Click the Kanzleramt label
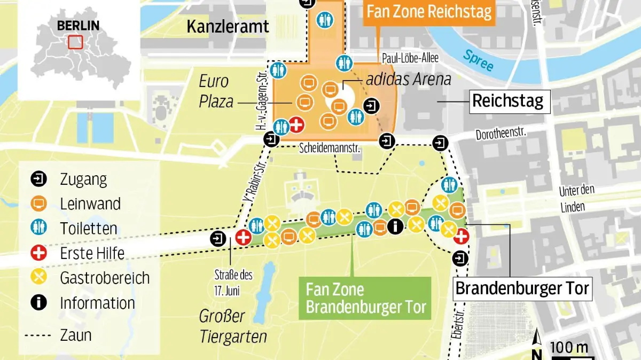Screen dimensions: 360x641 click(x=228, y=27)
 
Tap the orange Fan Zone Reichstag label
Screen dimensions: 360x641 click(x=429, y=12)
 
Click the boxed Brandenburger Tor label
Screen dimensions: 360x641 click(x=522, y=289)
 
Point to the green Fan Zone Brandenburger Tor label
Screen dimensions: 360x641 click(x=365, y=299)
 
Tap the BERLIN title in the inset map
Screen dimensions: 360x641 click(x=78, y=25)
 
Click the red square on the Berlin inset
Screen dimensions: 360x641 click(x=75, y=42)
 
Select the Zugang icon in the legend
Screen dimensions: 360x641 click(x=39, y=179)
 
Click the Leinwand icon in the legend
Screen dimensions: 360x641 click(x=39, y=204)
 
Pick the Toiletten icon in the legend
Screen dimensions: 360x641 click(x=39, y=228)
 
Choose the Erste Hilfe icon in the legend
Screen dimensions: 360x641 click(x=39, y=253)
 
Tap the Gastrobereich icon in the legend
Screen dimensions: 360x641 click(x=39, y=278)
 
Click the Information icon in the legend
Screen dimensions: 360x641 click(x=39, y=303)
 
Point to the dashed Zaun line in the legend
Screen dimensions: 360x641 click(x=39, y=335)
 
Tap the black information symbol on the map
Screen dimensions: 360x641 click(x=395, y=226)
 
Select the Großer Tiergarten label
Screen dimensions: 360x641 click(x=232, y=326)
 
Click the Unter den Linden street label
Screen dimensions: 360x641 click(x=576, y=199)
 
